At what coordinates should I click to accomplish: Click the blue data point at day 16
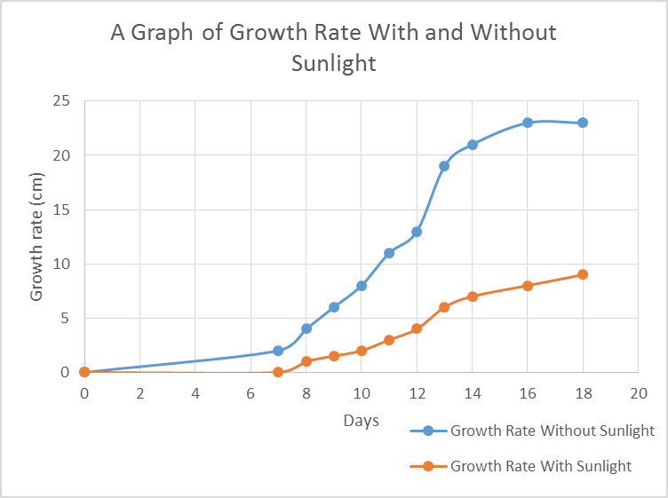528,123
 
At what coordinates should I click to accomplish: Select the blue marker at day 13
444,166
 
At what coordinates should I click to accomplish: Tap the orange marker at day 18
583,274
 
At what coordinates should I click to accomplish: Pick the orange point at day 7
278,372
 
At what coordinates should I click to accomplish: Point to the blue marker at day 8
306,328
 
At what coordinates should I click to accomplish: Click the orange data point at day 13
444,307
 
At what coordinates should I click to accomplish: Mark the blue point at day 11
389,253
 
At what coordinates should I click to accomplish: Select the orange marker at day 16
528,286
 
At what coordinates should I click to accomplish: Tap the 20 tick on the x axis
638,392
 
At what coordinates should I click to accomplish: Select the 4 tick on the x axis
195,392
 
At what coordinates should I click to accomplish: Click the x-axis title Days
362,420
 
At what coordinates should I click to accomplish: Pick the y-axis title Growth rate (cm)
37,236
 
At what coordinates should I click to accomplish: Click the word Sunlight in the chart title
333,64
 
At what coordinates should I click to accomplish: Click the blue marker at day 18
583,123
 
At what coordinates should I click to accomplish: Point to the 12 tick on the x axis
417,392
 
